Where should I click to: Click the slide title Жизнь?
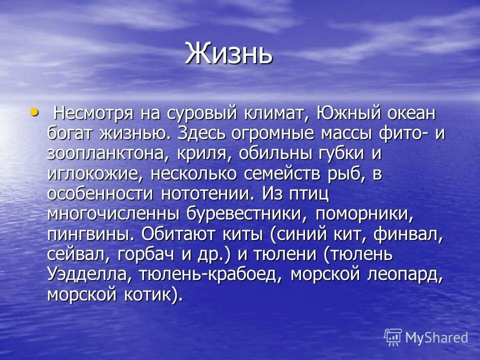(x=228, y=53)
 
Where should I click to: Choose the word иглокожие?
(x=95, y=174)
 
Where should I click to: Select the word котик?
(x=150, y=294)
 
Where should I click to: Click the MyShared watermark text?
(x=436, y=337)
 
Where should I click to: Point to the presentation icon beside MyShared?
(x=393, y=337)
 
